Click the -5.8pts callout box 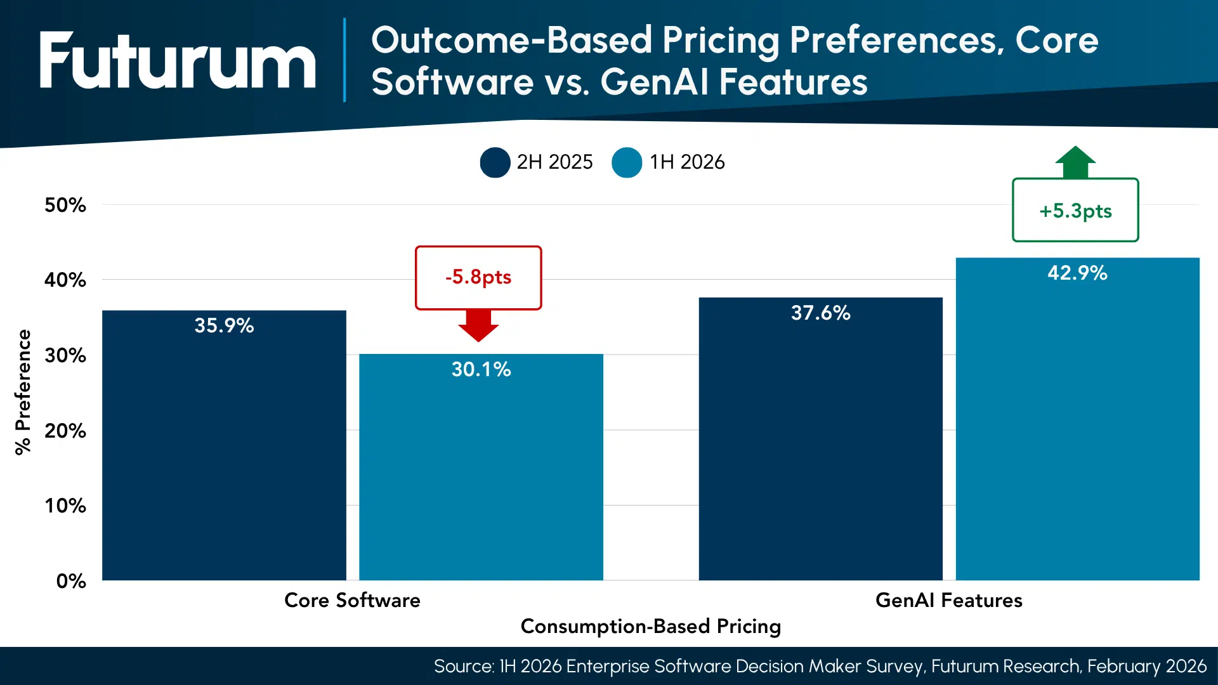(478, 277)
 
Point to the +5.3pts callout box (1075, 210)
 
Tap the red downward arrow (478, 325)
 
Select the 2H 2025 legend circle (495, 162)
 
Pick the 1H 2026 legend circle (627, 162)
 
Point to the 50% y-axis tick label (65, 205)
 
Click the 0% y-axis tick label (71, 581)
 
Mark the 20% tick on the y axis (65, 431)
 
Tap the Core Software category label (352, 600)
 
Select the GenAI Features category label (948, 600)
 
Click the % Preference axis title (23, 392)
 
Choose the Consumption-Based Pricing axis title (650, 626)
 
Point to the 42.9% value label (1077, 273)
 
